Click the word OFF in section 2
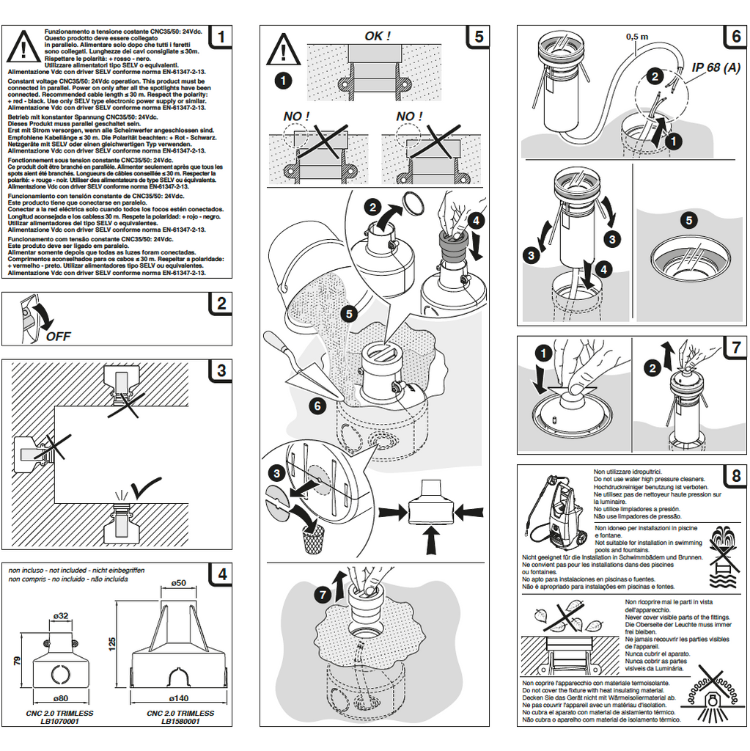[59, 337]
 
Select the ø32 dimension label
[61, 615]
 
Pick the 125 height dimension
[112, 643]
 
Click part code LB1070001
[60, 721]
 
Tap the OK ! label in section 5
[378, 36]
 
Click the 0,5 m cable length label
[637, 35]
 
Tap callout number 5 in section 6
[688, 219]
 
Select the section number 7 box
[735, 347]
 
